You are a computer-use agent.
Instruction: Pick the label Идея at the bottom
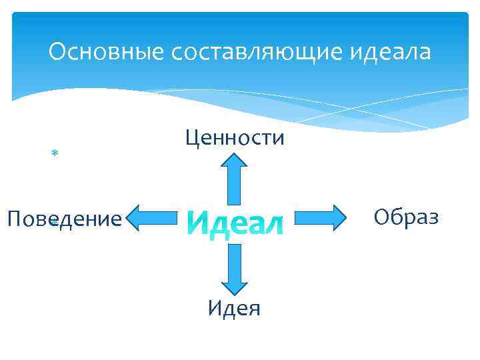[234, 308]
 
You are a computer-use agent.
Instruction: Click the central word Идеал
[234, 221]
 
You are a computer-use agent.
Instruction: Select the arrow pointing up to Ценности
[235, 178]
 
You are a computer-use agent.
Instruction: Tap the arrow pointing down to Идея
[235, 269]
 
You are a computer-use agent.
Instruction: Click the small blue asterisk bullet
[55, 154]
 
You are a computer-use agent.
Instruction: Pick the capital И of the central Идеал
[195, 221]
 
